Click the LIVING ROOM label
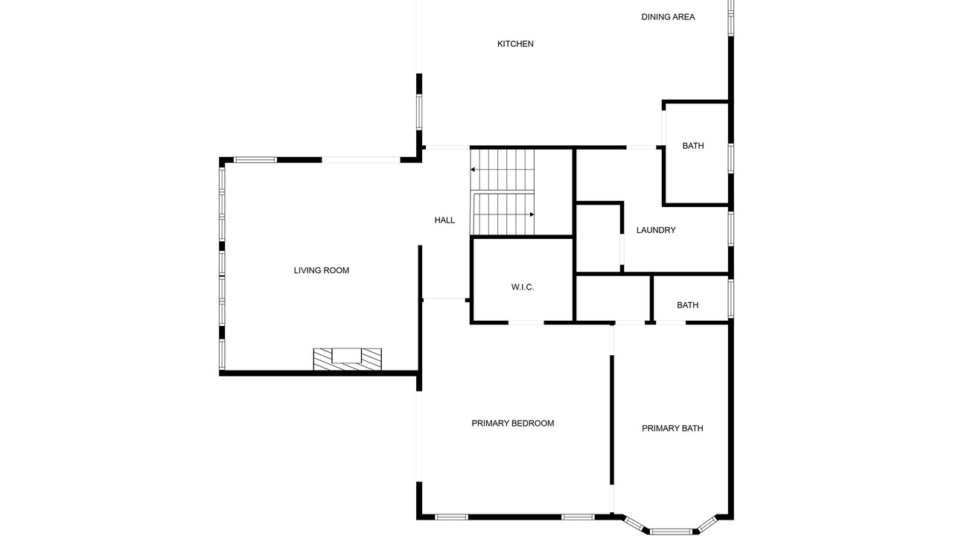click(x=321, y=270)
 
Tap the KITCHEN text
click(x=515, y=44)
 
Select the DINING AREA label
click(x=668, y=17)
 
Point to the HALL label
click(x=444, y=220)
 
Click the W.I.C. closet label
click(x=523, y=287)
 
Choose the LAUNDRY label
click(x=656, y=230)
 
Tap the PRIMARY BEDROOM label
click(x=513, y=424)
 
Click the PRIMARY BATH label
click(x=672, y=428)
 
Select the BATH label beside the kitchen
click(x=693, y=146)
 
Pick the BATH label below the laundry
click(x=687, y=305)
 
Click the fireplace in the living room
click(x=347, y=360)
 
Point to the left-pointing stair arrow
click(x=502, y=170)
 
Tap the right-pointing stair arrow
click(x=504, y=215)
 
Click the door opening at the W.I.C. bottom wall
click(x=526, y=323)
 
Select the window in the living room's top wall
click(x=255, y=160)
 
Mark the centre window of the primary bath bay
click(x=671, y=532)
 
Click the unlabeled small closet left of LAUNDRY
click(x=598, y=237)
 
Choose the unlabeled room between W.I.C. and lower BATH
click(x=612, y=299)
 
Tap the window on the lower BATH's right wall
click(x=731, y=299)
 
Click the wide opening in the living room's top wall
click(x=361, y=160)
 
